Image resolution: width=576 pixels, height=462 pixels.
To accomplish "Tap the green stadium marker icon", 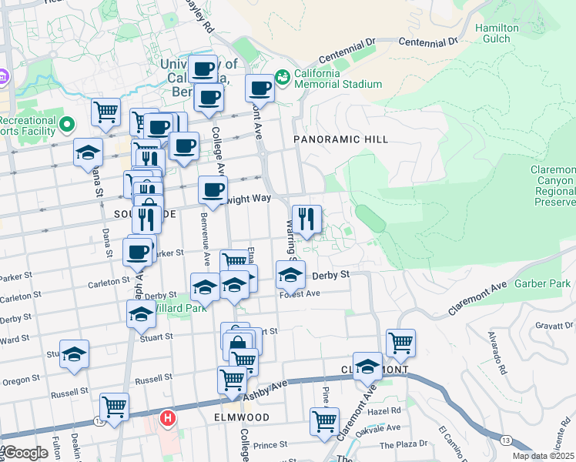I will (283, 76).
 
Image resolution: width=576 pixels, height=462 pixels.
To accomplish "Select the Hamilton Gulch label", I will (497, 33).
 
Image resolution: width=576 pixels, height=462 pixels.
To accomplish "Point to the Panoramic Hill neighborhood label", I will (340, 139).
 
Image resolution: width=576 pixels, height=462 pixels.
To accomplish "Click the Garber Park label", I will (543, 283).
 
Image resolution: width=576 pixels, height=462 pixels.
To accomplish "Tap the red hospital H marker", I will (166, 419).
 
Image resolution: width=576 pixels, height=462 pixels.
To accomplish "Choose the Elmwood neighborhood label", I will (242, 417).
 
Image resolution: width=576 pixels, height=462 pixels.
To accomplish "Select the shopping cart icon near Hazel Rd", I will (324, 421).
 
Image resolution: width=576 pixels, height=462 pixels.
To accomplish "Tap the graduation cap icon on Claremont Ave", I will (367, 366).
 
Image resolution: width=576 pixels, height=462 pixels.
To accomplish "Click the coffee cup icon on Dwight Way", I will (213, 189).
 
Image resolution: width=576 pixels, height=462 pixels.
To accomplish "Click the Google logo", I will (25, 453).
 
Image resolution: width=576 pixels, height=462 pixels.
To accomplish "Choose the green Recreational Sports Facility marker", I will (67, 123).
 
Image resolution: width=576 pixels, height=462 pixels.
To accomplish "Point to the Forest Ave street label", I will (300, 294).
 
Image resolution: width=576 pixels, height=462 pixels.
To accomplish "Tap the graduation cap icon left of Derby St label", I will (290, 274).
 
